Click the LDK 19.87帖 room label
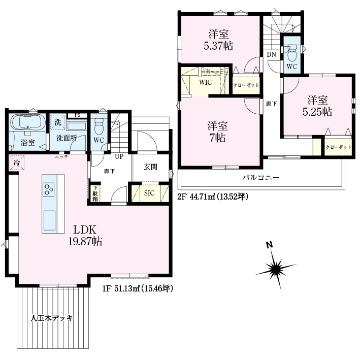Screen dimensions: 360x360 tap(85, 235)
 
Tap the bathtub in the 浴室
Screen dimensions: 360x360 tap(28, 122)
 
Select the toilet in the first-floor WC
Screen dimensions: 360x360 tap(99, 126)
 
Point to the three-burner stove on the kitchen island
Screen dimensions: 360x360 tap(48, 189)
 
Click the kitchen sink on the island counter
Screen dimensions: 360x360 tap(49, 220)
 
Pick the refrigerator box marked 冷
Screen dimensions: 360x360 tap(17, 163)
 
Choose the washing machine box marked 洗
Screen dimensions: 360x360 tap(57, 122)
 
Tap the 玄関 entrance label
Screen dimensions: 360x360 tap(150, 167)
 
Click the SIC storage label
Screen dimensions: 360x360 tap(149, 193)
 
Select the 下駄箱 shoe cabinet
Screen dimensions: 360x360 tap(95, 193)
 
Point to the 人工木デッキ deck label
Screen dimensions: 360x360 tap(51, 318)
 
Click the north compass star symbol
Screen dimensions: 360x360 tap(275, 269)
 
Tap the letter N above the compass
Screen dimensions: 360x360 tap(269, 245)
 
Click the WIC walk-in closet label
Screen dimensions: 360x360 tap(205, 82)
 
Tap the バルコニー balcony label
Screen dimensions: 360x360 tap(261, 177)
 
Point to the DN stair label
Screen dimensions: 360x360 tap(271, 55)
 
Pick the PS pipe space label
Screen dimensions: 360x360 tap(77, 115)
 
